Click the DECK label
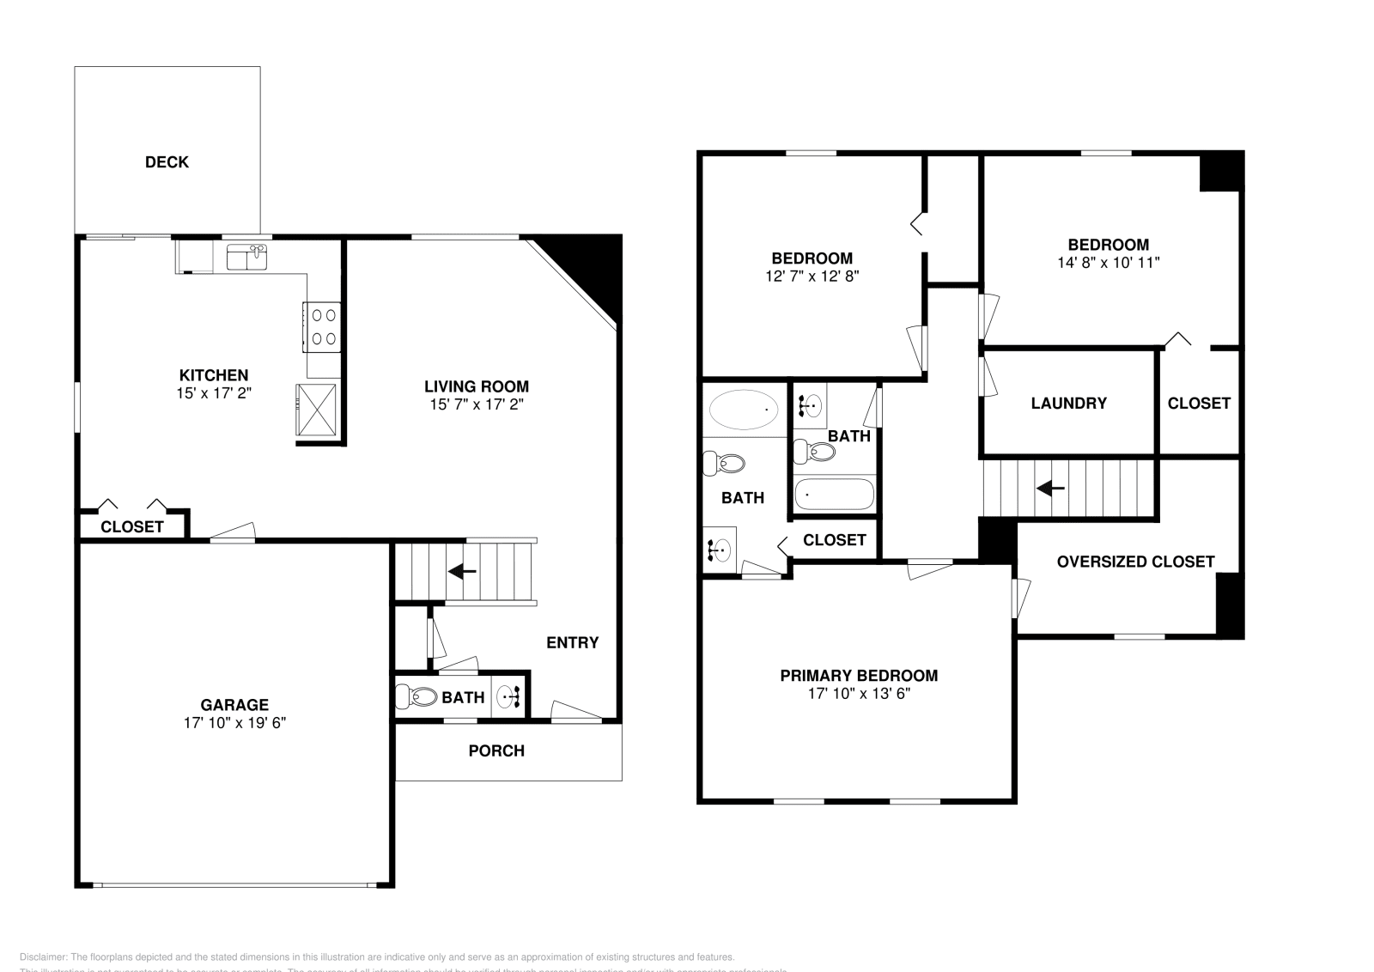pyautogui.click(x=167, y=162)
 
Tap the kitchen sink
pyautogui.click(x=246, y=257)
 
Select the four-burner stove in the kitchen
pyautogui.click(x=322, y=327)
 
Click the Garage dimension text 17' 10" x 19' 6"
pyautogui.click(x=234, y=723)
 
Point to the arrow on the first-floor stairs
pyautogui.click(x=463, y=571)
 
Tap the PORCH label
pyautogui.click(x=496, y=751)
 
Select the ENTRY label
pyautogui.click(x=572, y=643)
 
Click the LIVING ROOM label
pyautogui.click(x=477, y=387)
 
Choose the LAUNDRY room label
pyautogui.click(x=1068, y=404)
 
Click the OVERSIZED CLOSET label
pyautogui.click(x=1135, y=562)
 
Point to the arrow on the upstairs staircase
pyautogui.click(x=1050, y=489)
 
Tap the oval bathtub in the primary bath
pyautogui.click(x=744, y=410)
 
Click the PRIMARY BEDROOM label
pyautogui.click(x=859, y=677)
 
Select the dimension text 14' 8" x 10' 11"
pyautogui.click(x=1109, y=263)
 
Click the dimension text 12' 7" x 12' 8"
pyautogui.click(x=812, y=276)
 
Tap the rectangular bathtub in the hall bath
pyautogui.click(x=834, y=495)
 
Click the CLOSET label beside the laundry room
pyautogui.click(x=1199, y=404)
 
